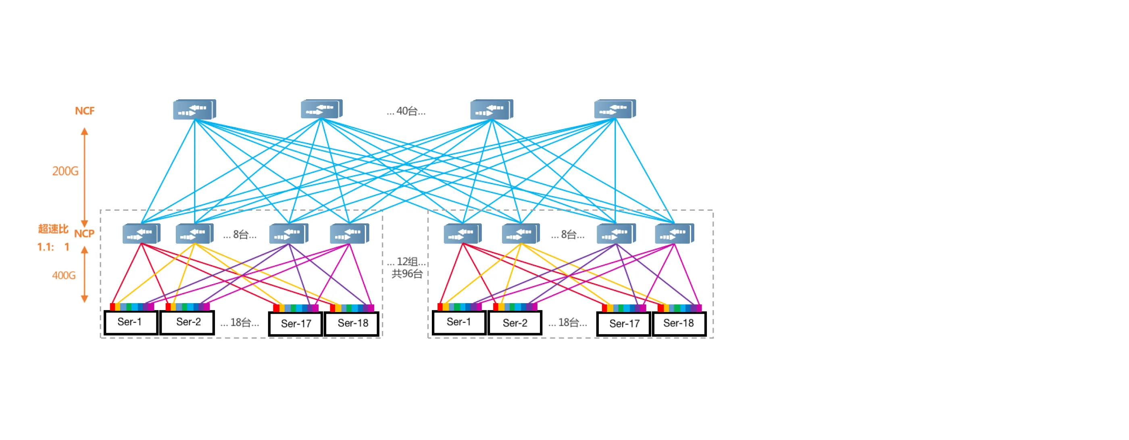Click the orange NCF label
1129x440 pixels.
click(85, 111)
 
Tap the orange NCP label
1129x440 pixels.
click(84, 234)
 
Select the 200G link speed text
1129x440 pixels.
click(65, 171)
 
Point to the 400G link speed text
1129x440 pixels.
click(64, 275)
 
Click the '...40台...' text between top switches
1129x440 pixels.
click(406, 111)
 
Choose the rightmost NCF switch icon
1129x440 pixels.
click(614, 109)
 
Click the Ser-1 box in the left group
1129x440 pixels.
click(131, 323)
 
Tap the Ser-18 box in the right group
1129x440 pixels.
click(679, 324)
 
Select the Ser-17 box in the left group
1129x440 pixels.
click(296, 324)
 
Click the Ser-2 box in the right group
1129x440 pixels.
click(515, 323)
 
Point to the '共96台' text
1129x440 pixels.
click(407, 274)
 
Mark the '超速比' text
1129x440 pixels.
click(53, 229)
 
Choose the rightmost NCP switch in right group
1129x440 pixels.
click(674, 234)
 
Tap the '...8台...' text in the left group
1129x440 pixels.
click(240, 235)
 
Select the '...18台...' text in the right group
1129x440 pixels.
click(568, 323)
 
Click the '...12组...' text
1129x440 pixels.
click(406, 262)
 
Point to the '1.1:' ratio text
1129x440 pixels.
click(46, 247)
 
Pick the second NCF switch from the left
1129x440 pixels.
click(321, 109)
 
